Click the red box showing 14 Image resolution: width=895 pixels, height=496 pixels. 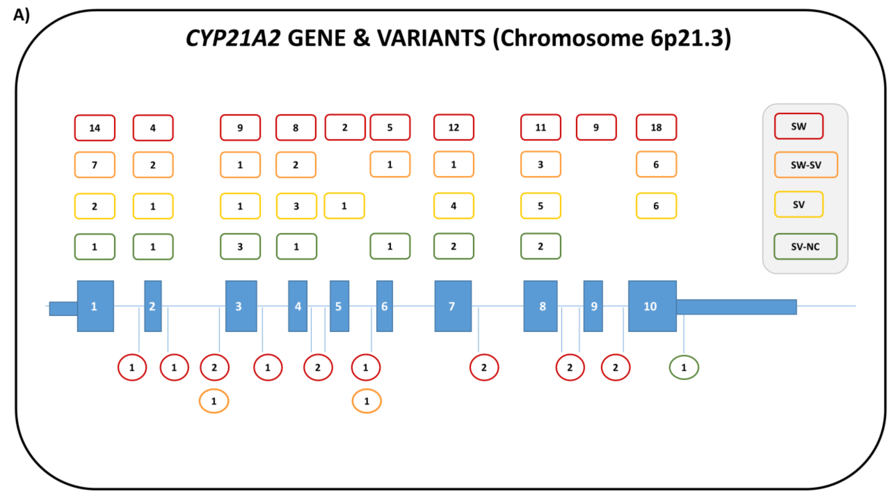coord(95,128)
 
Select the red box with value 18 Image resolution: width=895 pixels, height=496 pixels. coord(656,128)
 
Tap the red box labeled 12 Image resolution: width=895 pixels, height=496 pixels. coord(453,128)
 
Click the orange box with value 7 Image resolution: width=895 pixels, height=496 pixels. coord(95,165)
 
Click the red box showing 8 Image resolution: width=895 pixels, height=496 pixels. coord(296,128)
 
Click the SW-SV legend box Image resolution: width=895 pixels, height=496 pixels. coord(806,165)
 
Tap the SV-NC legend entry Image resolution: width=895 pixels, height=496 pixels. coord(805,247)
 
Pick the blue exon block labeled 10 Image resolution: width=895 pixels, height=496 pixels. coord(652,306)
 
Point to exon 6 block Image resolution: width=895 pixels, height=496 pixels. coord(384,306)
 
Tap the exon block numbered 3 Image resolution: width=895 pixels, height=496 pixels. coord(241,306)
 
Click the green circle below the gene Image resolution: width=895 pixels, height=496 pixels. coord(683,367)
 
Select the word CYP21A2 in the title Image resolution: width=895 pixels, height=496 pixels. coord(233,38)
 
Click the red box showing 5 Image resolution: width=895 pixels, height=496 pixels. coord(390,128)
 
